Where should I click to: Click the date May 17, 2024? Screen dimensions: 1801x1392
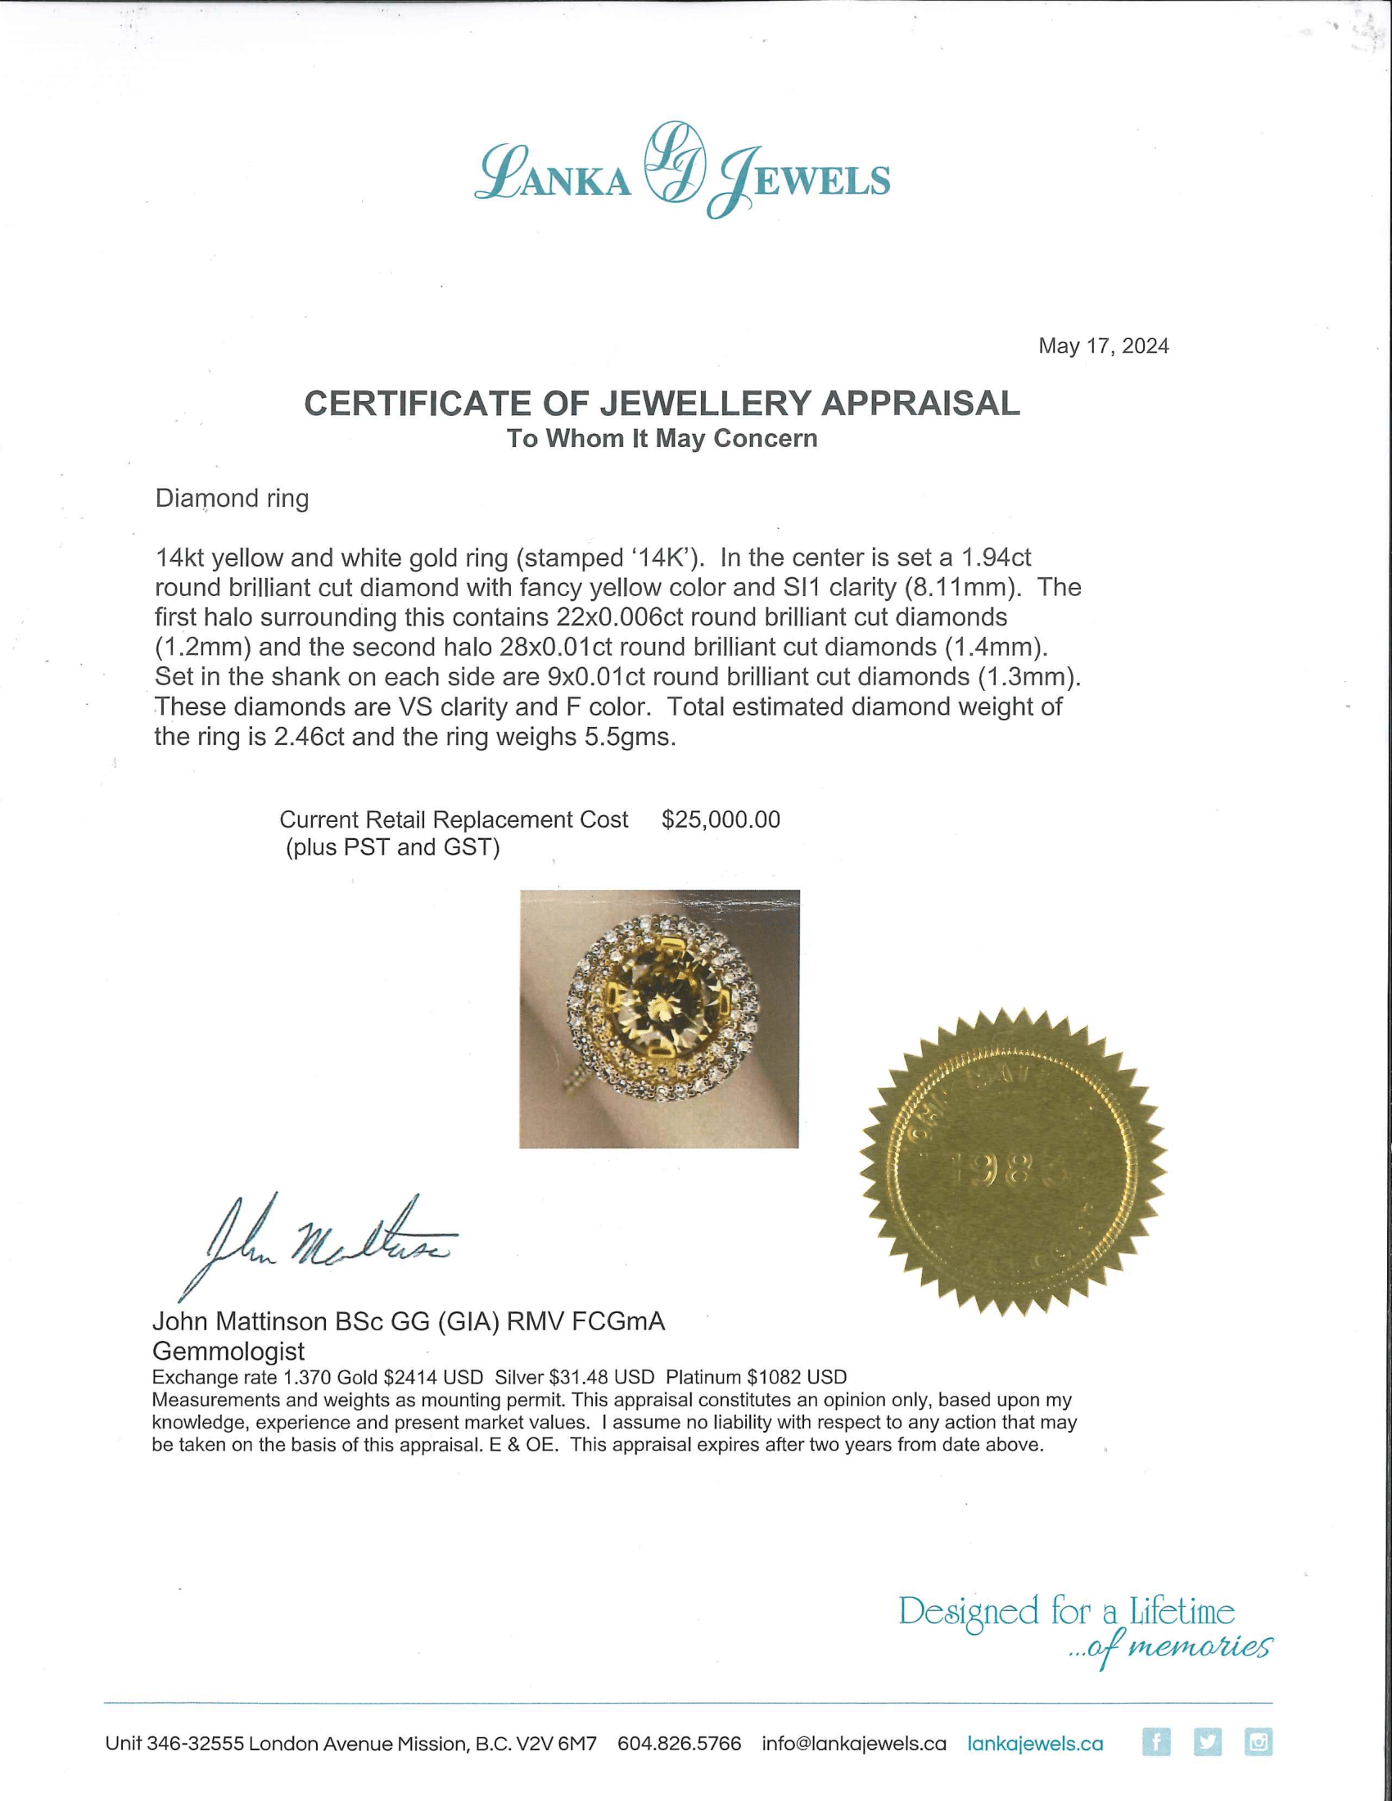click(x=1103, y=346)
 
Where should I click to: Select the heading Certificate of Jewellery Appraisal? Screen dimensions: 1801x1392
click(x=662, y=404)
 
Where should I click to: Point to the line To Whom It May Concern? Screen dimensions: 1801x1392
click(x=662, y=439)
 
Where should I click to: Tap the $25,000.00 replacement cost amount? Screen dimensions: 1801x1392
click(x=721, y=819)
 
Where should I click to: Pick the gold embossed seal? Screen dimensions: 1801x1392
click(x=1013, y=1162)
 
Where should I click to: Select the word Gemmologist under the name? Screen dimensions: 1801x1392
click(x=228, y=1352)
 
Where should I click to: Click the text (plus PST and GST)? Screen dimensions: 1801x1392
click(x=392, y=848)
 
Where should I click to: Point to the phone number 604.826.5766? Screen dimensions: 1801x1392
click(x=679, y=1744)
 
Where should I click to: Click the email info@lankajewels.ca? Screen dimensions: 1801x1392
click(x=853, y=1744)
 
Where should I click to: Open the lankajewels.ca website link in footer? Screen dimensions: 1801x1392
click(x=1035, y=1744)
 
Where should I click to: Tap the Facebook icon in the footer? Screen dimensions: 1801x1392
click(x=1156, y=1742)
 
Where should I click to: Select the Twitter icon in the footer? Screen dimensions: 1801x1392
click(x=1207, y=1742)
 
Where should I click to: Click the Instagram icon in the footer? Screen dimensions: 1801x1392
click(x=1259, y=1742)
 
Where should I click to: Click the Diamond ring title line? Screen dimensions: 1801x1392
click(x=232, y=499)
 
